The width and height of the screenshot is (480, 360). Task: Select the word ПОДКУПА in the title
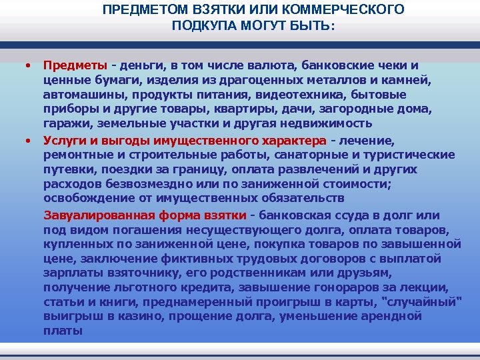[204, 26]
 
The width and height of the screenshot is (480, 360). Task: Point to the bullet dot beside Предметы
[27, 65]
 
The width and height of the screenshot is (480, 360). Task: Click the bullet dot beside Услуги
[27, 141]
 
